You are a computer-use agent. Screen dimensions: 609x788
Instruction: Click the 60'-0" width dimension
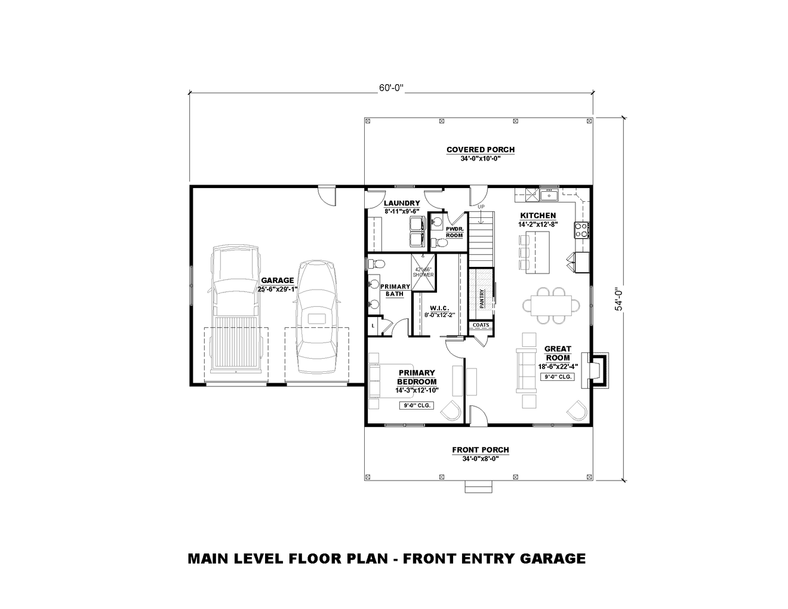(391, 88)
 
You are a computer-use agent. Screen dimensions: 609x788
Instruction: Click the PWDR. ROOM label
(454, 232)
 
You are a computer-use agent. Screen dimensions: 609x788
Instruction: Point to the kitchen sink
(548, 195)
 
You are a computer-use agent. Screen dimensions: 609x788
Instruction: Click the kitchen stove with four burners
(581, 230)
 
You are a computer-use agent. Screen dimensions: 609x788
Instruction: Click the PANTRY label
(481, 297)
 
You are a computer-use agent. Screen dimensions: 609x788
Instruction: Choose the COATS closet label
(481, 325)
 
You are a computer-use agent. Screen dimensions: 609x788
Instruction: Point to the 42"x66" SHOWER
(423, 272)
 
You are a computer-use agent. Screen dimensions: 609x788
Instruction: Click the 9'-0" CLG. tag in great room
(558, 377)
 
